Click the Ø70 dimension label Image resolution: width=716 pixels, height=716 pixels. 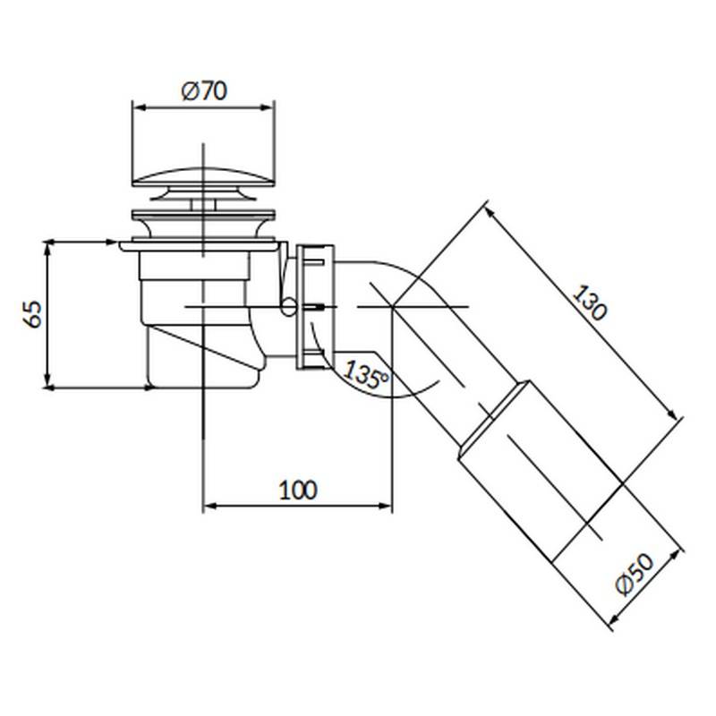204,91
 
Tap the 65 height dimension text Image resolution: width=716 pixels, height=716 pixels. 33,314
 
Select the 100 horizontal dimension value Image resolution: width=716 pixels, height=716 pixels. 298,490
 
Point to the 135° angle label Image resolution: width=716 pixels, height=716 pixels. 366,374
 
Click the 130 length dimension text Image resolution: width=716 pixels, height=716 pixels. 590,303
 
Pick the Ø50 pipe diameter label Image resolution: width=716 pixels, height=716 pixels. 635,575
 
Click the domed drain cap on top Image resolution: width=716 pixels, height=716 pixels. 203,177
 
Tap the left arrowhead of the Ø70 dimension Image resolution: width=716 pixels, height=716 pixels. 139,107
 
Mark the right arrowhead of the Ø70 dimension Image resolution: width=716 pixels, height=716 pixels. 268,107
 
